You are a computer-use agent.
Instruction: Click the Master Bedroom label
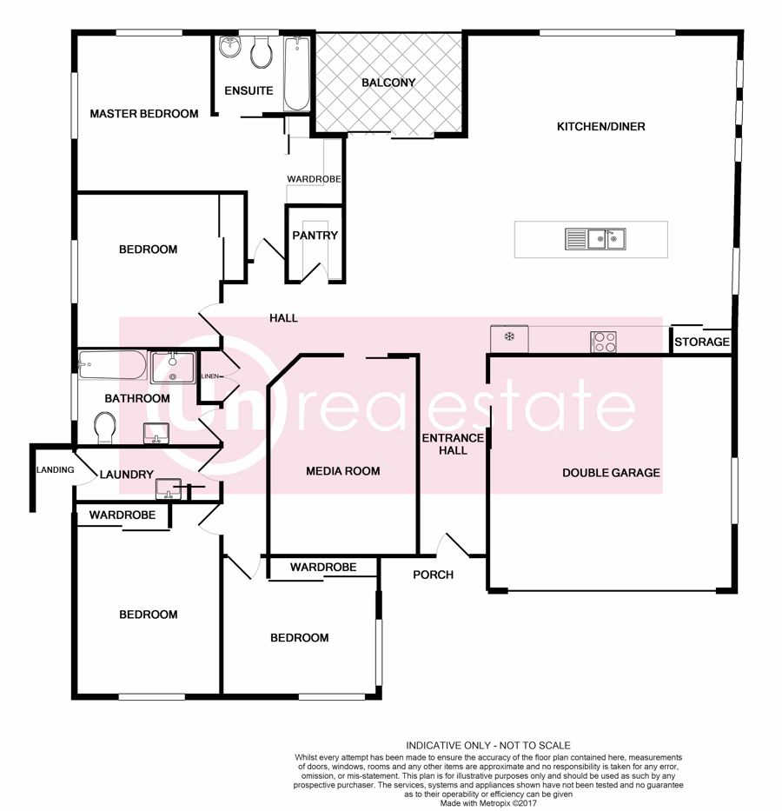coord(143,114)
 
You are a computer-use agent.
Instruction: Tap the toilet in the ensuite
coord(262,52)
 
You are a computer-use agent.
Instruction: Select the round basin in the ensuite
coord(229,47)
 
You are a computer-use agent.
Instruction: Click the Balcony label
coord(388,83)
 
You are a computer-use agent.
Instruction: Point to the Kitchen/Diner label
coord(600,126)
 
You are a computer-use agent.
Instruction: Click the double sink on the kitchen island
coord(595,239)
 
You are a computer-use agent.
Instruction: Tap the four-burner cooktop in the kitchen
coord(603,342)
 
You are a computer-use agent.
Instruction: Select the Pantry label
coord(315,236)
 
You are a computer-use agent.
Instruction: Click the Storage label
coord(701,342)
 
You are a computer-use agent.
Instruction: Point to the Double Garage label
coord(611,473)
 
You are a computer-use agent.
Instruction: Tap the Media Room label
coord(342,471)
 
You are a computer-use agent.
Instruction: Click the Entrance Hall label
coord(453,444)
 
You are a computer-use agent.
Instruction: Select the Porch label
coord(433,575)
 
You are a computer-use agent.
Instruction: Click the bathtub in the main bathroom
coord(113,364)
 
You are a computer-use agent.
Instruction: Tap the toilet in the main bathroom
coord(105,428)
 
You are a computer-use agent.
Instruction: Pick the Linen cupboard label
coord(210,376)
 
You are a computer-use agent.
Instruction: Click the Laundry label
coord(127,475)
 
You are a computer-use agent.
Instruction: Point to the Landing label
coord(56,469)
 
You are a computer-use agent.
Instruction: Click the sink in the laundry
coord(169,489)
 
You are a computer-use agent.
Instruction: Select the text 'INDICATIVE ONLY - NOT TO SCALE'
coord(488,745)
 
